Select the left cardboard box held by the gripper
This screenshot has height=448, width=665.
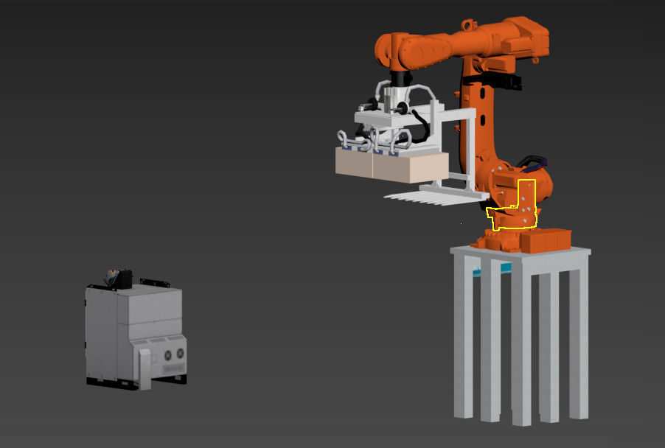(x=354, y=162)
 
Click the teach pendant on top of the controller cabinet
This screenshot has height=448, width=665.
(x=119, y=279)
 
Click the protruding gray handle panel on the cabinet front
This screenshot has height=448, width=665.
(x=145, y=368)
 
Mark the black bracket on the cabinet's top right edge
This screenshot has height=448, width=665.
(x=155, y=282)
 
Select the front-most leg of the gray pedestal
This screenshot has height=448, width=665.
(x=521, y=346)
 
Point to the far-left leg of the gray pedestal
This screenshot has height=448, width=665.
(x=462, y=335)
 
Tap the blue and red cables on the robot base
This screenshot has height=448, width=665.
(x=532, y=161)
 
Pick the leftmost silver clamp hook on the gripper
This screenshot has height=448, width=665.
(x=344, y=137)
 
